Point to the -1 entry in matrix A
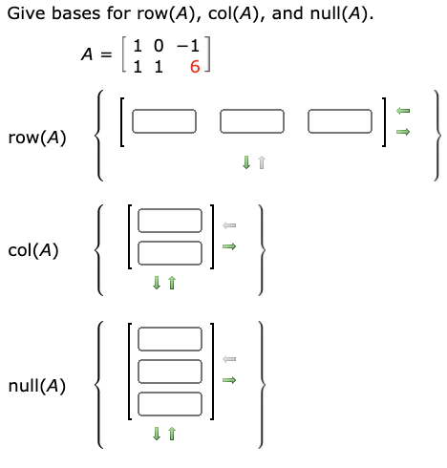191,46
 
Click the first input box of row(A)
164,121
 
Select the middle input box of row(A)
252,121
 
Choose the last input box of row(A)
340,121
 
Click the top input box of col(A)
170,222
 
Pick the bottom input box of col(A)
170,252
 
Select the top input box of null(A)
170,339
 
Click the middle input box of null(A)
170,371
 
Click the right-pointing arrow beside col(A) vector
228,246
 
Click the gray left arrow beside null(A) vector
228,359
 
